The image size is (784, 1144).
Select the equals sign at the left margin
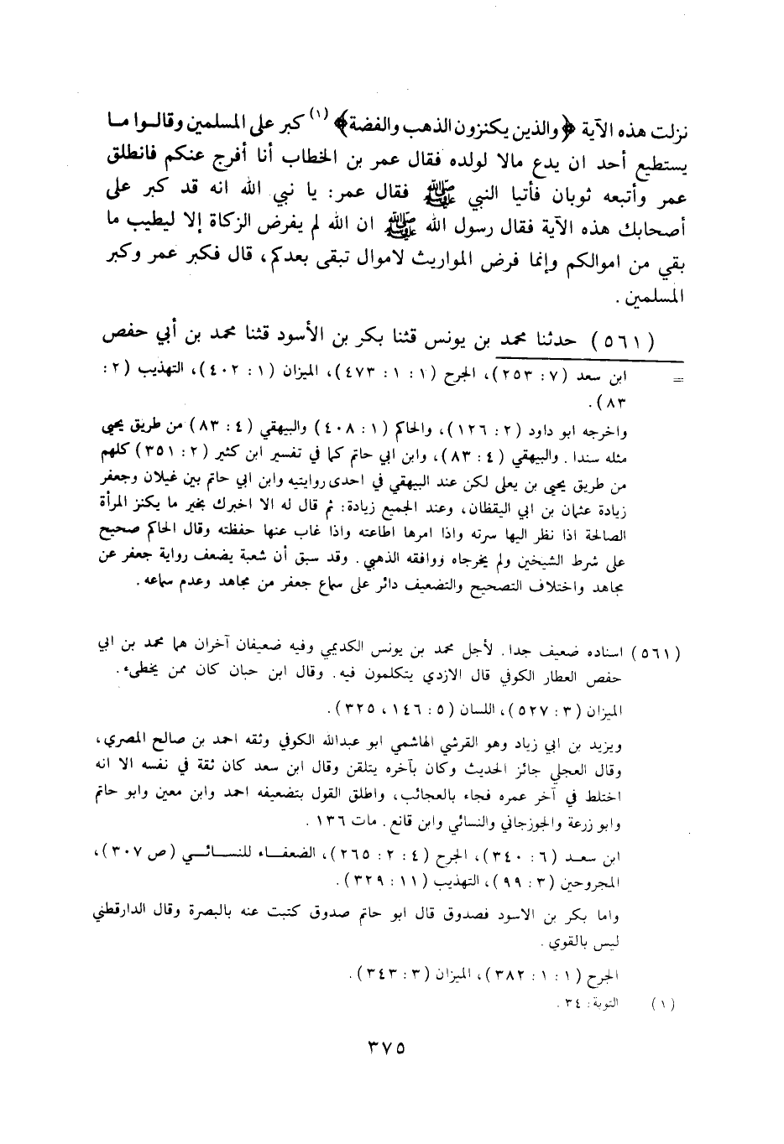[x=677, y=377]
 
